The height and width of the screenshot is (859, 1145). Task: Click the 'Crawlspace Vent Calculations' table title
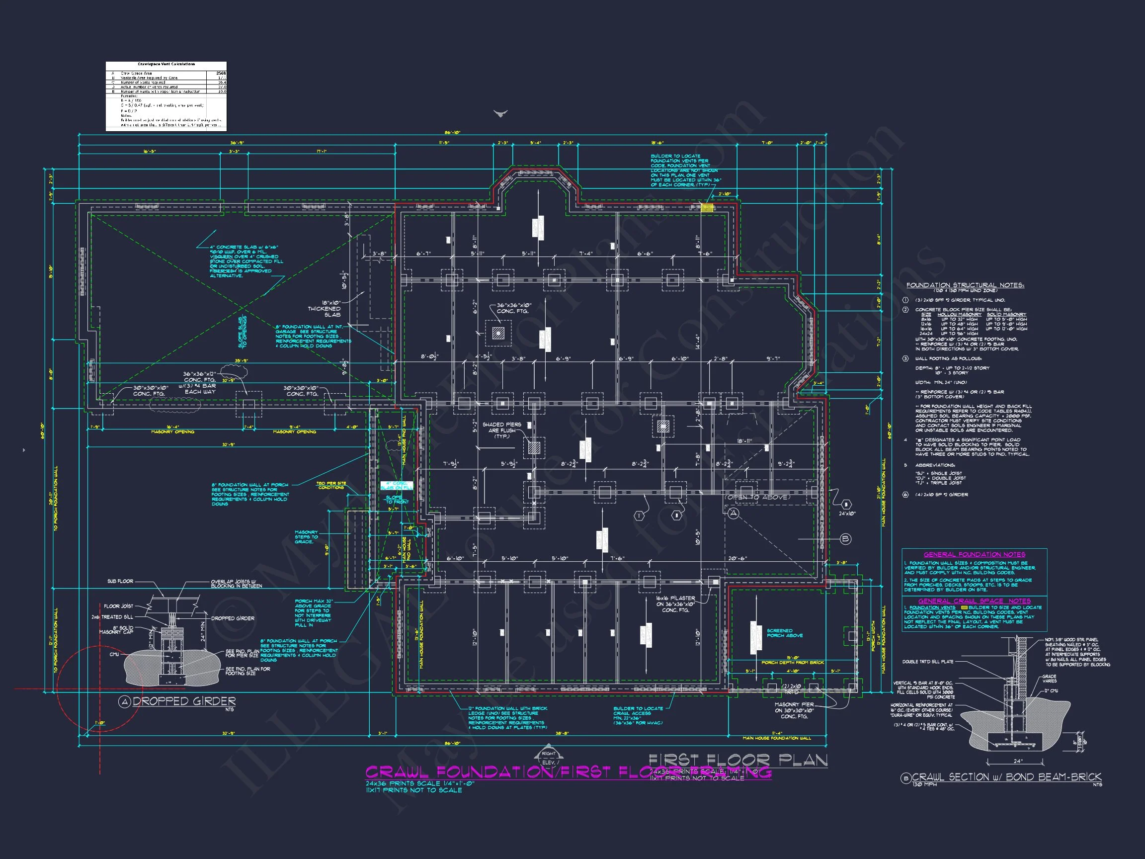[166, 64]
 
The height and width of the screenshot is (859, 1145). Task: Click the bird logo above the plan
[500, 113]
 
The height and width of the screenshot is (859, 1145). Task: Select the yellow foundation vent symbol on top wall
[707, 208]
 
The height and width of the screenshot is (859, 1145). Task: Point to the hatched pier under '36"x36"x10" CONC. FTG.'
[498, 333]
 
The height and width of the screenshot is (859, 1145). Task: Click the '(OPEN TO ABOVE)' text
[758, 497]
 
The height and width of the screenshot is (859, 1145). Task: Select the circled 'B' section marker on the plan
[845, 539]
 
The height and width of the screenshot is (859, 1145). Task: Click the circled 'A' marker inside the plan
[734, 514]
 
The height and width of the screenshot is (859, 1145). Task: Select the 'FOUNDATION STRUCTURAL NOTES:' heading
[965, 285]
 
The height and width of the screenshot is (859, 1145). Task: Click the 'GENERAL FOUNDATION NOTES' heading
[974, 554]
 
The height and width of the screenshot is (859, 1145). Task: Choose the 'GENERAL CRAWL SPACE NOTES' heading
[974, 601]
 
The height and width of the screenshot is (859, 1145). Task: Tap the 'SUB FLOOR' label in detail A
[120, 582]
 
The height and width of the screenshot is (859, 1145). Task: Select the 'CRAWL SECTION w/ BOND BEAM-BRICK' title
[1006, 777]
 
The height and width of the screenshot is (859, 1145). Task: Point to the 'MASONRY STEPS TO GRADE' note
[306, 537]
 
